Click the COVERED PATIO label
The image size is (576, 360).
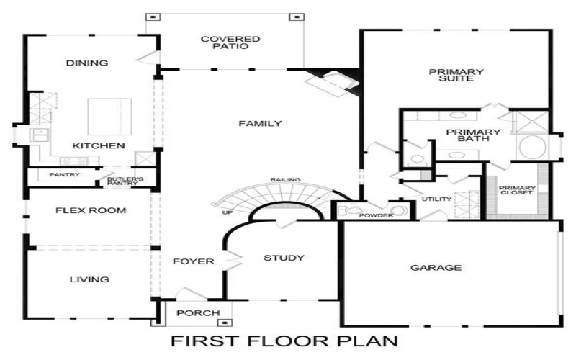tap(230, 42)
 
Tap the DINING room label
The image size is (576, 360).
tap(87, 63)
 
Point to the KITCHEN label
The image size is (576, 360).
tap(99, 146)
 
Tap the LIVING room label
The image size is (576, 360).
tap(89, 279)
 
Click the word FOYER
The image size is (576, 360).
tap(194, 261)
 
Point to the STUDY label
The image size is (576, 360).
tap(284, 258)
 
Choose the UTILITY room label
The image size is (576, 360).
tap(437, 199)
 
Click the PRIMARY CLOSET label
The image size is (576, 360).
tap(516, 190)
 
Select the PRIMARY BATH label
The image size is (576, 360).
tap(473, 135)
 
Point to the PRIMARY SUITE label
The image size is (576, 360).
tap(456, 75)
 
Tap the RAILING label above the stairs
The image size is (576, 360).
tap(286, 179)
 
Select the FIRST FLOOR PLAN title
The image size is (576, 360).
tap(284, 339)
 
